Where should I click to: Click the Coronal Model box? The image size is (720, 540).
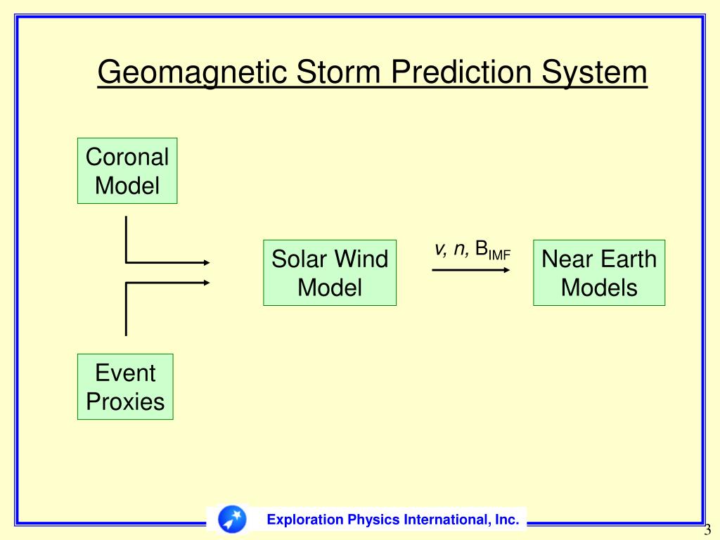coord(127,171)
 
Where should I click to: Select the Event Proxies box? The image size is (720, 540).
coord(125,387)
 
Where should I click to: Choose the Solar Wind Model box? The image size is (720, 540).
coord(330,273)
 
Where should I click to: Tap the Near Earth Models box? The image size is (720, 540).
coord(599,273)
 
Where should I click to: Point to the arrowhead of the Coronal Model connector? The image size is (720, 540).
coord(207,263)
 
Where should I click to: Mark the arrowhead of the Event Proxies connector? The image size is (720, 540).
coord(207,283)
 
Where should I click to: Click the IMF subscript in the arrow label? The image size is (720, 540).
coord(499,255)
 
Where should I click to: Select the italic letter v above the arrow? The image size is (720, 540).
coord(439,249)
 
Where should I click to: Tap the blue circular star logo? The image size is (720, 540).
coord(232,520)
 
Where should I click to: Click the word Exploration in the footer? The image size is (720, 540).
coord(304,520)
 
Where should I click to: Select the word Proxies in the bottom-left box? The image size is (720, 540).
coord(125,401)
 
